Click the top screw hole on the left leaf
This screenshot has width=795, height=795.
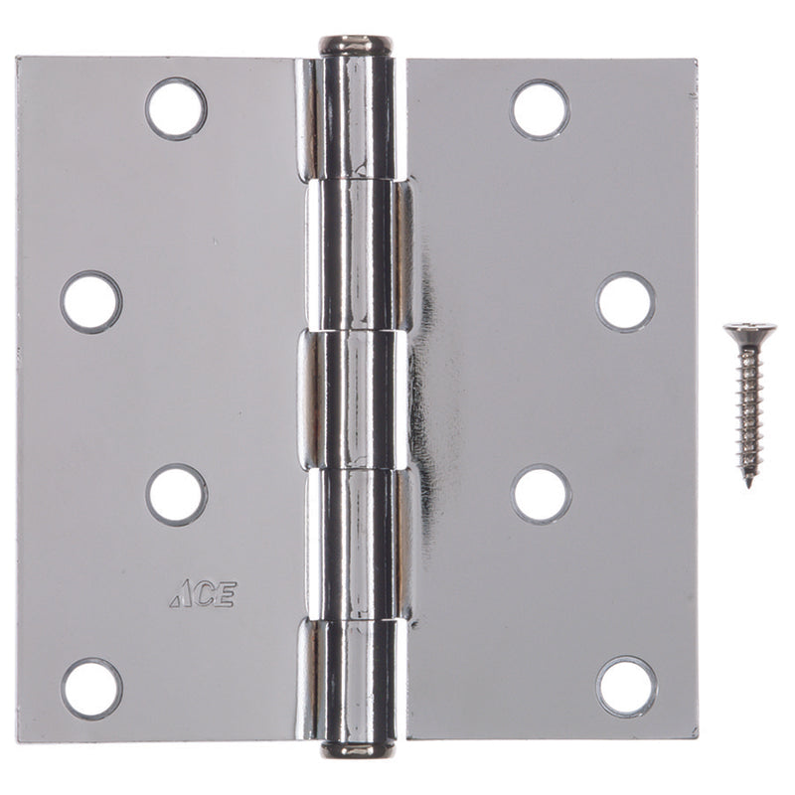(x=176, y=108)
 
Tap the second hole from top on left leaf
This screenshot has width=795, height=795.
(x=90, y=301)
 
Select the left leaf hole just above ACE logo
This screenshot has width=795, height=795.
(x=176, y=494)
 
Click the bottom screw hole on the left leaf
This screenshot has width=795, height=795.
(x=91, y=688)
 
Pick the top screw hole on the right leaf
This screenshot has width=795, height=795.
(x=540, y=108)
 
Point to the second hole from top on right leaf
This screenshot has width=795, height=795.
(x=625, y=301)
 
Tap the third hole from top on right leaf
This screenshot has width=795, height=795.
(x=541, y=494)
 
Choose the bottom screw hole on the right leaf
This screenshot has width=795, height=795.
(x=626, y=687)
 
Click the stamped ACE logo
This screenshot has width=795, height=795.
(x=203, y=596)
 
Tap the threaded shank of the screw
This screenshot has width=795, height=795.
(x=749, y=417)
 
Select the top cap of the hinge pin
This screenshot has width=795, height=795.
(x=355, y=46)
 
